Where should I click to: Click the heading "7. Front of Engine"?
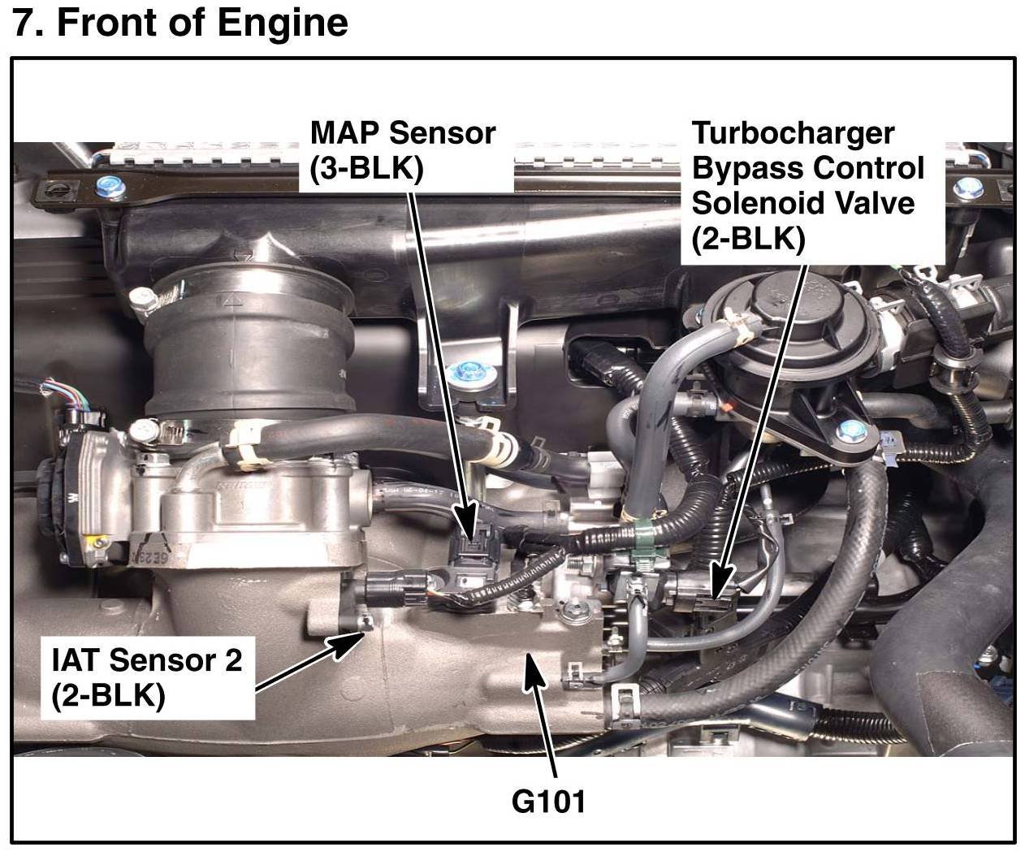[180, 23]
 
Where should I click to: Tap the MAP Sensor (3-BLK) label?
[402, 151]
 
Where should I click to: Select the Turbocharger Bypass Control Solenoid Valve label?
[807, 186]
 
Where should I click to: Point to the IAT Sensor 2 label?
[146, 676]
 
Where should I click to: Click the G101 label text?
[548, 801]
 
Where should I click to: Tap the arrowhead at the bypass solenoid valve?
[716, 586]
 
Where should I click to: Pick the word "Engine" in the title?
[289, 23]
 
